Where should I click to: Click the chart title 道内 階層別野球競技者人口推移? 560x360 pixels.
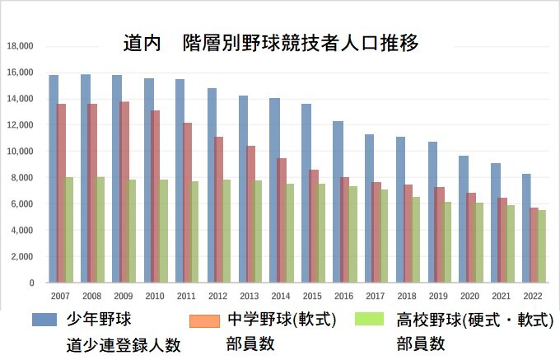point(272,42)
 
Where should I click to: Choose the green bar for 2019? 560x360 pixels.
point(448,242)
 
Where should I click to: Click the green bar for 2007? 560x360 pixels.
point(70,230)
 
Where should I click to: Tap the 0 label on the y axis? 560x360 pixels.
point(31,283)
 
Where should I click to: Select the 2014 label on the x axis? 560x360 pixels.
point(281,295)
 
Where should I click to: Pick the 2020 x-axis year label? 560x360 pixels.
point(470,295)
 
